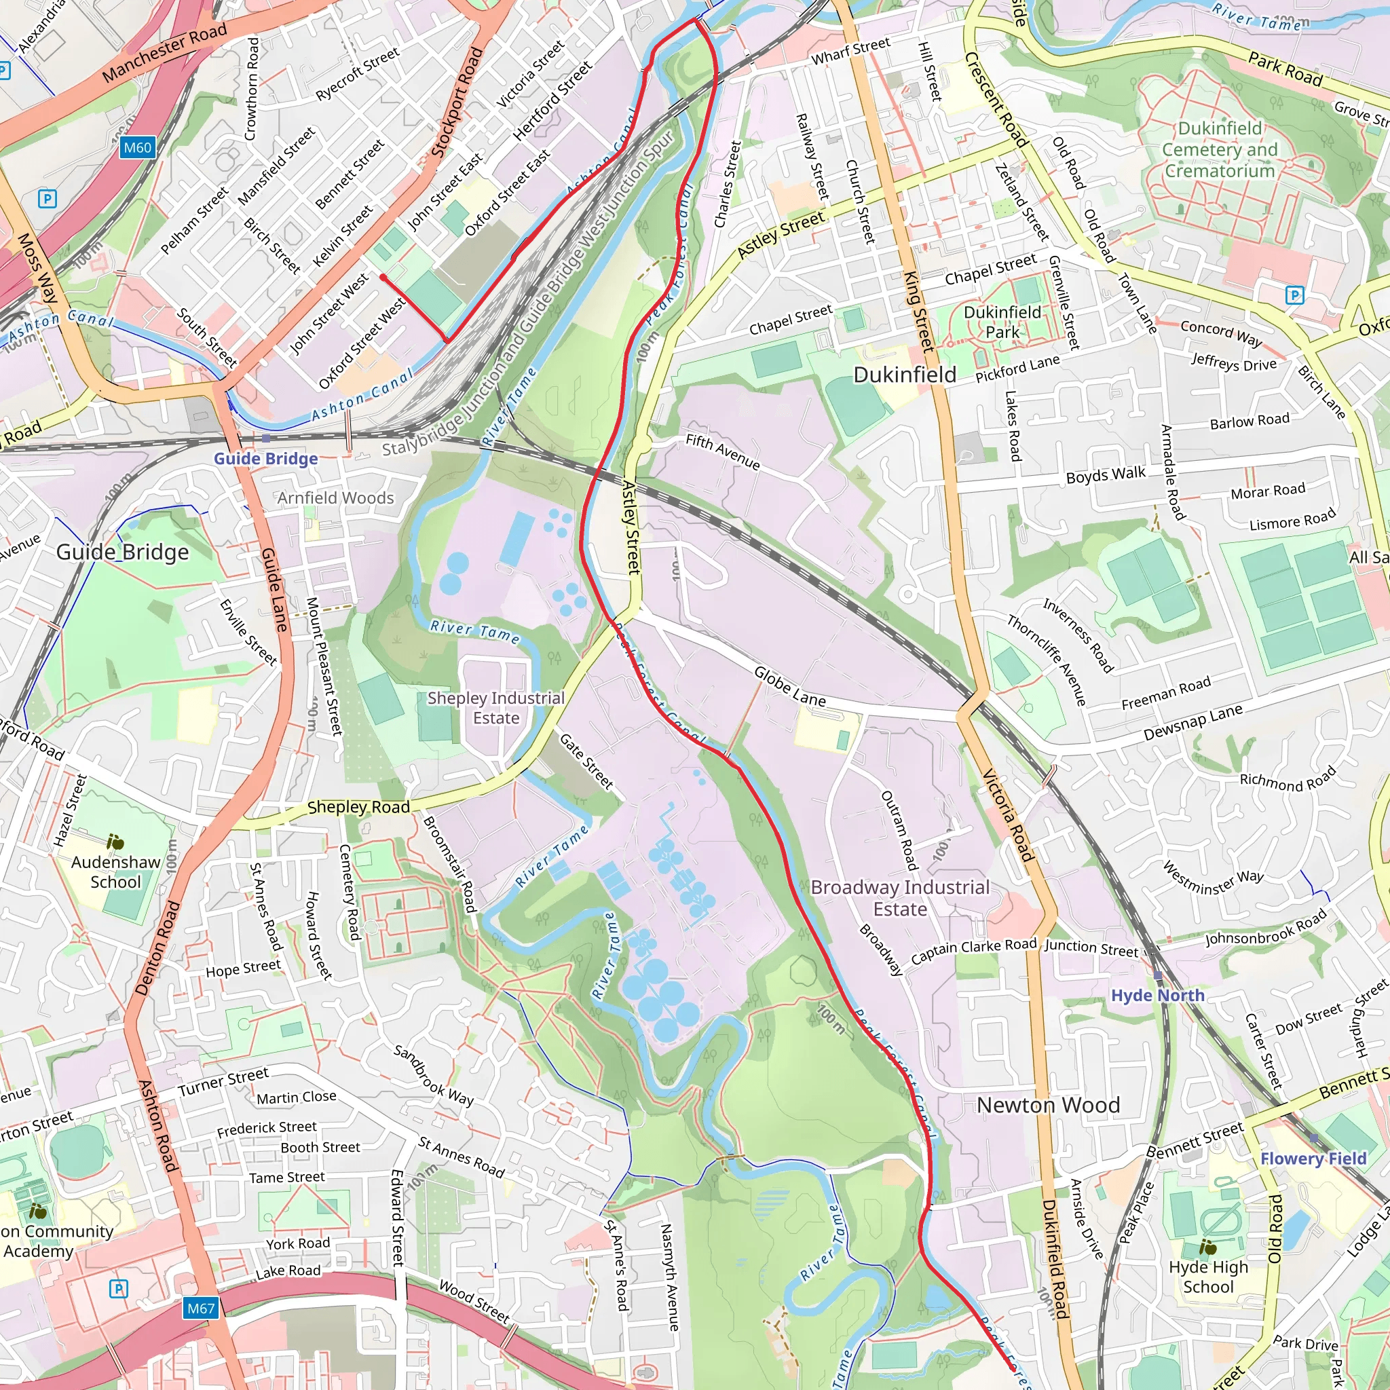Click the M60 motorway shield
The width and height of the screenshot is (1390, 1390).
[x=136, y=147]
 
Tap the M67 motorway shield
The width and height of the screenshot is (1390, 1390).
[x=201, y=1308]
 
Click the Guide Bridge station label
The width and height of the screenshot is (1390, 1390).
[x=265, y=458]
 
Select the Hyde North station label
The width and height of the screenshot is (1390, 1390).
[x=1158, y=995]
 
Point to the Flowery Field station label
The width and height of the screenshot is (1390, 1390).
[x=1313, y=1159]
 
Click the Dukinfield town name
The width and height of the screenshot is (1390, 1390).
[x=904, y=375]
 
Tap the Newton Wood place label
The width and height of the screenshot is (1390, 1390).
[x=1047, y=1105]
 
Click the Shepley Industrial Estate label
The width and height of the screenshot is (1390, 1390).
[x=495, y=708]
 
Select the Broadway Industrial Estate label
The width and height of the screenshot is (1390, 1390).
[x=900, y=898]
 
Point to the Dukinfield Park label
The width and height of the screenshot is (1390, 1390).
[x=1002, y=322]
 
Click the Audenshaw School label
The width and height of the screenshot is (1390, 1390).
[x=116, y=871]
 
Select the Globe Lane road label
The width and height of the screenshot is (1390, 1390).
[x=789, y=685]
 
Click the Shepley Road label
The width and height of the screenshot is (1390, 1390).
[x=358, y=807]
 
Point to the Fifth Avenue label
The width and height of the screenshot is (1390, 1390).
[x=722, y=451]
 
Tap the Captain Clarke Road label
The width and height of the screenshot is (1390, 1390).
[x=973, y=950]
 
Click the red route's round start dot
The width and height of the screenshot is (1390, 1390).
[x=383, y=277]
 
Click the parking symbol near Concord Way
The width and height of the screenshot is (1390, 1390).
[x=1294, y=295]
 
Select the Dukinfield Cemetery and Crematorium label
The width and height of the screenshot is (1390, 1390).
[x=1220, y=149]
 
